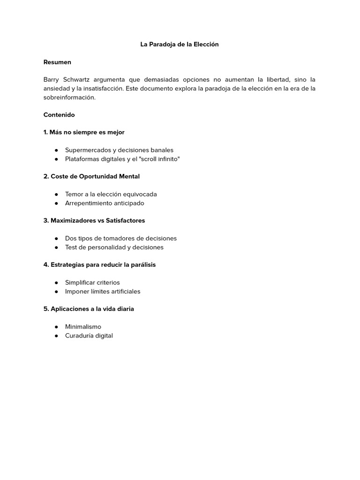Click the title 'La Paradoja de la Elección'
coord(180,45)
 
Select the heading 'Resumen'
coord(57,62)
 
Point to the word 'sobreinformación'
coord(69,97)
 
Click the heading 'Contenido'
coord(59,115)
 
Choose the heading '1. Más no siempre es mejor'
coord(84,132)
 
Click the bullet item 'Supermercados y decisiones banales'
coord(119,150)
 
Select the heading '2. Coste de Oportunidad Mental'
coord(91,176)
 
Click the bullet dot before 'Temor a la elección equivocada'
coord(56,194)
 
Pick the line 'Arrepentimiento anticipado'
coord(105,203)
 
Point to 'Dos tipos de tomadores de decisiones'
coord(121,238)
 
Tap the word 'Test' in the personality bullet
coord(71,247)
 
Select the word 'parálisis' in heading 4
coord(142,264)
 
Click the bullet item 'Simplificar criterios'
coord(92,282)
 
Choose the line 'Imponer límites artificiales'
coord(103,291)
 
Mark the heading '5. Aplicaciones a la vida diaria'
coord(89,309)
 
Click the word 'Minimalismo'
coord(83,327)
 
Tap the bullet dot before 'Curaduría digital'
coord(56,336)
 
